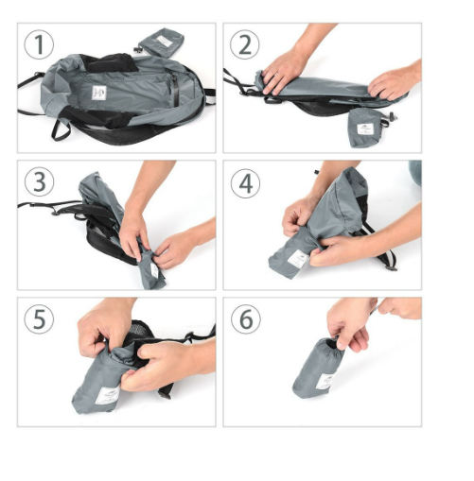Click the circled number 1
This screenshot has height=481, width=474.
coord(39,44)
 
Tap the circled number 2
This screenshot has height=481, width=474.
coord(245,44)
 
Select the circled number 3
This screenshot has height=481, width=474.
coord(39,182)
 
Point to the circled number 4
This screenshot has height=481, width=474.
coord(245,183)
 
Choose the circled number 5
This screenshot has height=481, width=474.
coord(39,318)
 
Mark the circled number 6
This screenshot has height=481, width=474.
coord(246,318)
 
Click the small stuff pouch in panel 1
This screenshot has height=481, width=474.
coord(162,43)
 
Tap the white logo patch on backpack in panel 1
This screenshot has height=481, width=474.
coord(99,93)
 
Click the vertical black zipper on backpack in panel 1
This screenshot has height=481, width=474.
coord(175,89)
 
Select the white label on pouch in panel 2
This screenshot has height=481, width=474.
coord(365,129)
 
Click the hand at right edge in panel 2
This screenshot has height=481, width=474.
coord(395,82)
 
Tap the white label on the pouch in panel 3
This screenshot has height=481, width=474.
coord(154,269)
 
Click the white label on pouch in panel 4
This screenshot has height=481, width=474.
coord(298,259)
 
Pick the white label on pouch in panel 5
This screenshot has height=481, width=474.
coord(107,396)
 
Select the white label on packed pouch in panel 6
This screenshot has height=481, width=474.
coord(325,382)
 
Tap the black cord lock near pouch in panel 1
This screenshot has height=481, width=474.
coord(137,49)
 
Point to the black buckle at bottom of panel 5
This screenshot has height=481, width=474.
coord(165,393)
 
